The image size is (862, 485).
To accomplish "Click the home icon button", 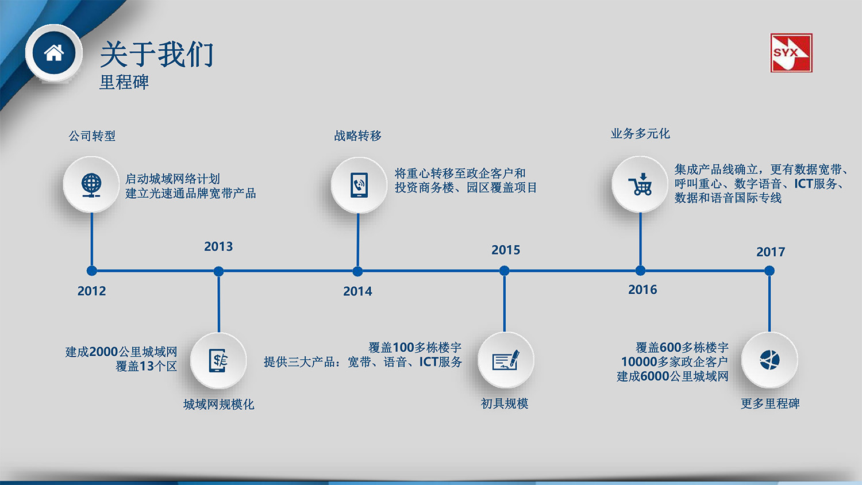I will (x=54, y=53).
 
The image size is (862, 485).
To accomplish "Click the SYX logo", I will (x=791, y=53).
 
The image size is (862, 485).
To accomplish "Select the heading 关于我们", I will (x=157, y=55).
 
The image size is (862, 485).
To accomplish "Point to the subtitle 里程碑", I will (x=124, y=82).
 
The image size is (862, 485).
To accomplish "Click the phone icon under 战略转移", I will (x=359, y=185).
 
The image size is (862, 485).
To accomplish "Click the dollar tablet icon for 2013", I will (x=219, y=361).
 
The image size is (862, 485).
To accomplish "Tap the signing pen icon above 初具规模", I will (x=505, y=361).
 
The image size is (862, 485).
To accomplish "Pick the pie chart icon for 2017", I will (x=769, y=360).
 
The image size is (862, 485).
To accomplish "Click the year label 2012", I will (x=92, y=291).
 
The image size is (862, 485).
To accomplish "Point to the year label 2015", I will (x=506, y=250).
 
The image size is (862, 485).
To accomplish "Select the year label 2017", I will (x=771, y=252).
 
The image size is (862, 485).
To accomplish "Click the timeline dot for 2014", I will (x=357, y=271).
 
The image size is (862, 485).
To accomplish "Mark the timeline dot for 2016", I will (x=640, y=271).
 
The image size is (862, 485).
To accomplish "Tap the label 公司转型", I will (x=92, y=136).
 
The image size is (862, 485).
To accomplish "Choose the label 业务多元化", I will (x=640, y=134).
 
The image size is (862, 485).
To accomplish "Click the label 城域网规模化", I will (x=218, y=405).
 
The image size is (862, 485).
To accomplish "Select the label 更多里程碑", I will (x=770, y=403).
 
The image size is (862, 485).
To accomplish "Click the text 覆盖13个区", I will (x=147, y=366).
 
